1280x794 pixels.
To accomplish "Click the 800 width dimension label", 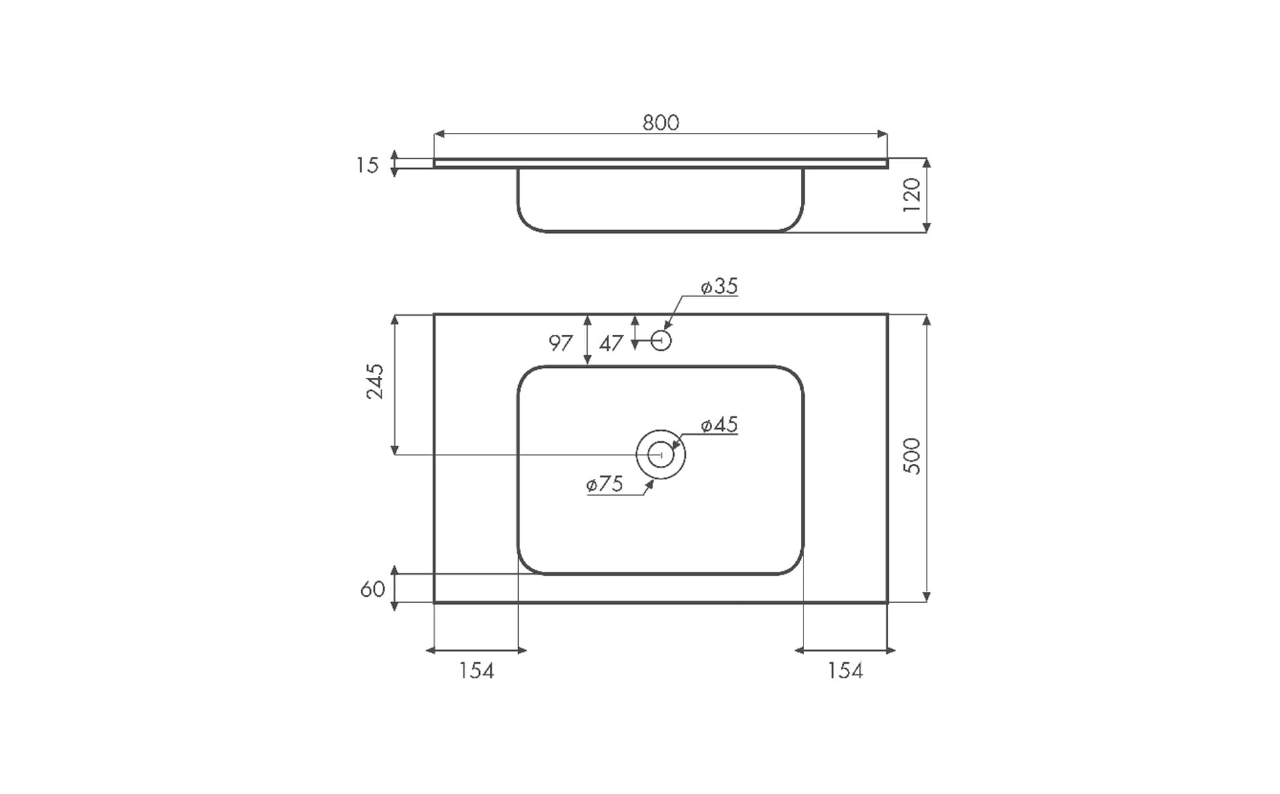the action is point(661,122).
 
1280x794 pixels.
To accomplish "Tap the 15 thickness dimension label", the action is point(367,165).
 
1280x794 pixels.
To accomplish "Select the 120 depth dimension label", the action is point(912,195).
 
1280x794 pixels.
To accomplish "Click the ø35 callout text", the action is point(719,286).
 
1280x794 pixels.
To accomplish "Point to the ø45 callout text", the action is point(719,424).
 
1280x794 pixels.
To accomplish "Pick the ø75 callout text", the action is point(605,484).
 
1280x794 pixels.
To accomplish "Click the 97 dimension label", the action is point(561,343).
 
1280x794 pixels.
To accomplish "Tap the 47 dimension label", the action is point(611,343).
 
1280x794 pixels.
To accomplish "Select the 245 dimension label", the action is point(375,381).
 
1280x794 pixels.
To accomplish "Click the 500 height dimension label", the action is point(912,456).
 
